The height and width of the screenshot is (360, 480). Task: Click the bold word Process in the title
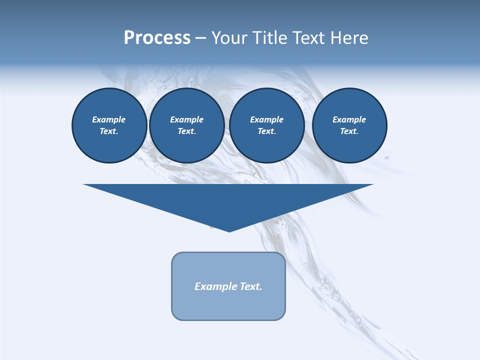click(x=157, y=38)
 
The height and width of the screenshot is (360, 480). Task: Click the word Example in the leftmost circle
click(x=109, y=119)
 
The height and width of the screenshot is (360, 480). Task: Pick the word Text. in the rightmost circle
click(x=349, y=131)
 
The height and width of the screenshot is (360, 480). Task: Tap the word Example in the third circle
click(x=266, y=119)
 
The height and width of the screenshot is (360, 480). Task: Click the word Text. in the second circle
click(x=187, y=131)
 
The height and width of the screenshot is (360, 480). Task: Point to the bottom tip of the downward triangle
click(x=229, y=231)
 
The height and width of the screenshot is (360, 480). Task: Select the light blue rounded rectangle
click(x=228, y=305)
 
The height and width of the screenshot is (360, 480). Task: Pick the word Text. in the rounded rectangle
click(x=251, y=286)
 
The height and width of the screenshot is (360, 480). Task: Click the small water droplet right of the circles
click(x=387, y=158)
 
